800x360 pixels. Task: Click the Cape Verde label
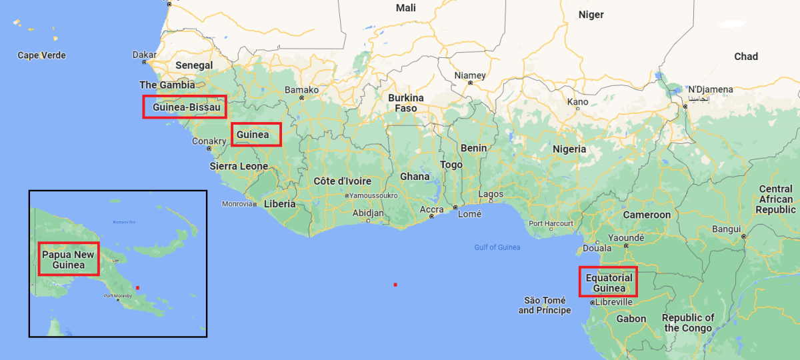pyautogui.click(x=41, y=55)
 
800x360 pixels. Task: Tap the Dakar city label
pyautogui.click(x=144, y=55)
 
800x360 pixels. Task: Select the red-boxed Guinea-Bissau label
pyautogui.click(x=185, y=107)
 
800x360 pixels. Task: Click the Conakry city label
pyautogui.click(x=209, y=141)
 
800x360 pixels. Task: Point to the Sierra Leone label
pyautogui.click(x=239, y=166)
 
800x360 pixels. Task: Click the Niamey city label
pyautogui.click(x=470, y=75)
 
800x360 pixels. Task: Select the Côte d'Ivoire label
pyautogui.click(x=343, y=181)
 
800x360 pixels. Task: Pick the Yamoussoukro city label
pyautogui.click(x=373, y=195)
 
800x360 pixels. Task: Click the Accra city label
pyautogui.click(x=431, y=209)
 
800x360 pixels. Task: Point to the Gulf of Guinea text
pyautogui.click(x=497, y=247)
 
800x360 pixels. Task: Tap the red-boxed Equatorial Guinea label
pyautogui.click(x=608, y=282)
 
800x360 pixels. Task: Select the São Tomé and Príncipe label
pyautogui.click(x=545, y=305)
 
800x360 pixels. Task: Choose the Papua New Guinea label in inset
pyautogui.click(x=68, y=259)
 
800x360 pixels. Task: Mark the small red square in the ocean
pyautogui.click(x=395, y=285)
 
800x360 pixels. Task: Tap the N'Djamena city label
pyautogui.click(x=711, y=89)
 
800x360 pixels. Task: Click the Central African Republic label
pyautogui.click(x=775, y=199)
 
